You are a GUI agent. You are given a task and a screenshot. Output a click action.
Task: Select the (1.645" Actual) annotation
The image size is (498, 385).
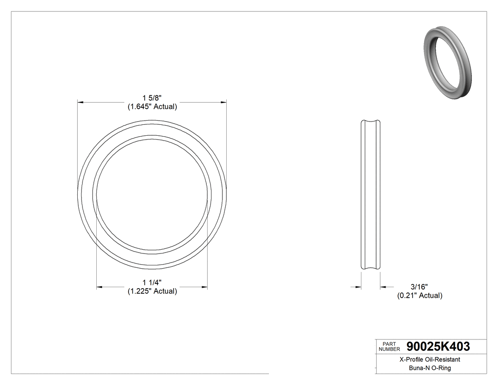152,107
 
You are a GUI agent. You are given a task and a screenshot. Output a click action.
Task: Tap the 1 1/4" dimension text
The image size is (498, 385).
152,283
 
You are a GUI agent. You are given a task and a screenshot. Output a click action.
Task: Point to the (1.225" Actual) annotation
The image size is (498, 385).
152,291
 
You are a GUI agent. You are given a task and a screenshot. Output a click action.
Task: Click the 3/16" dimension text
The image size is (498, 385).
419,287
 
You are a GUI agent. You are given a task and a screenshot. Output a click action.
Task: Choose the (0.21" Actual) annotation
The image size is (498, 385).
419,296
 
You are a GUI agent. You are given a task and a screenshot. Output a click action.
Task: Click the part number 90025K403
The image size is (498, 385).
438,347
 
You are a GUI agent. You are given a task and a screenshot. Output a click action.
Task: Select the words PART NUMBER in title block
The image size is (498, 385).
389,347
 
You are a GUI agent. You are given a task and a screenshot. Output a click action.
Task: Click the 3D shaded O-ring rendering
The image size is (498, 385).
447,62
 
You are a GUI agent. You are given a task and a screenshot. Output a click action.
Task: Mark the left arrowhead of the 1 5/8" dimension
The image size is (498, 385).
81,102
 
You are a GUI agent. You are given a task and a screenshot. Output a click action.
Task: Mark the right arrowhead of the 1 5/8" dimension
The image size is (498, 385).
223,102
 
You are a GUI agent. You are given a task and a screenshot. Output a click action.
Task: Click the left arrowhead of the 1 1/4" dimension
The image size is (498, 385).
100,287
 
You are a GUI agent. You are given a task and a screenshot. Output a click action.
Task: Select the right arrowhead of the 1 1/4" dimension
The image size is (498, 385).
204,287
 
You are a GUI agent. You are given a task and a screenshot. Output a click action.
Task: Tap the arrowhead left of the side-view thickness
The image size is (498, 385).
359,287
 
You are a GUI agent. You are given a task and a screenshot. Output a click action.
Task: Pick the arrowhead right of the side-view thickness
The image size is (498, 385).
383,287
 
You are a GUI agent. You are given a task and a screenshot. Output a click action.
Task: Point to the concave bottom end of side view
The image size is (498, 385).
371,270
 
